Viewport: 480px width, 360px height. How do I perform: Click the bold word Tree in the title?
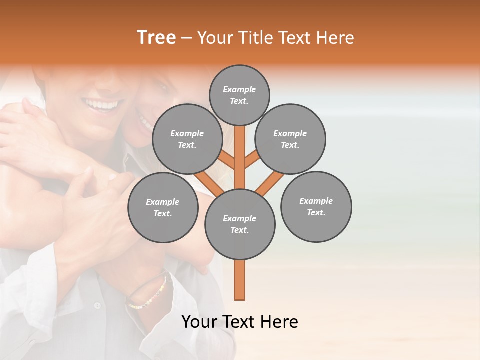[156, 38]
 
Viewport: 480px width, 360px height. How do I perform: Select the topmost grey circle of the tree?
[239, 95]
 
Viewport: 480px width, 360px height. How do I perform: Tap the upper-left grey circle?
[187, 139]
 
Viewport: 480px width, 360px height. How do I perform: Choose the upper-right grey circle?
[290, 139]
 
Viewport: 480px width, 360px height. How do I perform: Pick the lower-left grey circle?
[163, 208]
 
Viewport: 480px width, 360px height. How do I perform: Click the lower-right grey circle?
[316, 207]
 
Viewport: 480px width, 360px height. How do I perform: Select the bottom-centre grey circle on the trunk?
[240, 224]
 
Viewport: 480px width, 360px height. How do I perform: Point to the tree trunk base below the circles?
[240, 282]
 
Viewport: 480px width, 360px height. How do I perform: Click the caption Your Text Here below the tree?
[240, 322]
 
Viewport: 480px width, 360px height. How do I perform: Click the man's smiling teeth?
[104, 104]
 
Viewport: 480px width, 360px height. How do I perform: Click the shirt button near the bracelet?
[98, 304]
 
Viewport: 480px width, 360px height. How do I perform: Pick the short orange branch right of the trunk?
[252, 159]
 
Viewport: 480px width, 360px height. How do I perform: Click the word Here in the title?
[337, 38]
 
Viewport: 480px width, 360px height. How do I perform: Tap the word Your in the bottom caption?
[199, 322]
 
